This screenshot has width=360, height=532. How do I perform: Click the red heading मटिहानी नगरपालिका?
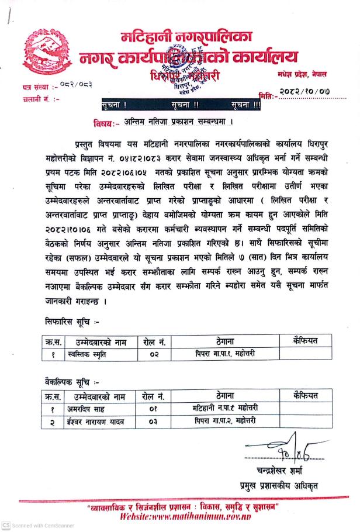[x=185, y=37]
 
